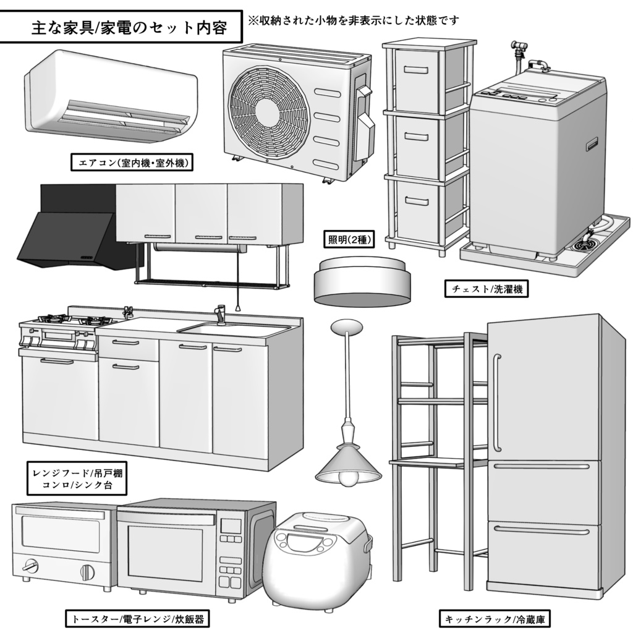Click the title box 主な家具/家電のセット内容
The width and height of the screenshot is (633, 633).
121,28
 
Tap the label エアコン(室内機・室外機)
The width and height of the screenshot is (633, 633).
133,163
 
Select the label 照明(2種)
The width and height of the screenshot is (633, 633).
348,239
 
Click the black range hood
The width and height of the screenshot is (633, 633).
68,238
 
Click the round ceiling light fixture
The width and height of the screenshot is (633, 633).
362,281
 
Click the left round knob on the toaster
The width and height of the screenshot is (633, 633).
28,566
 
